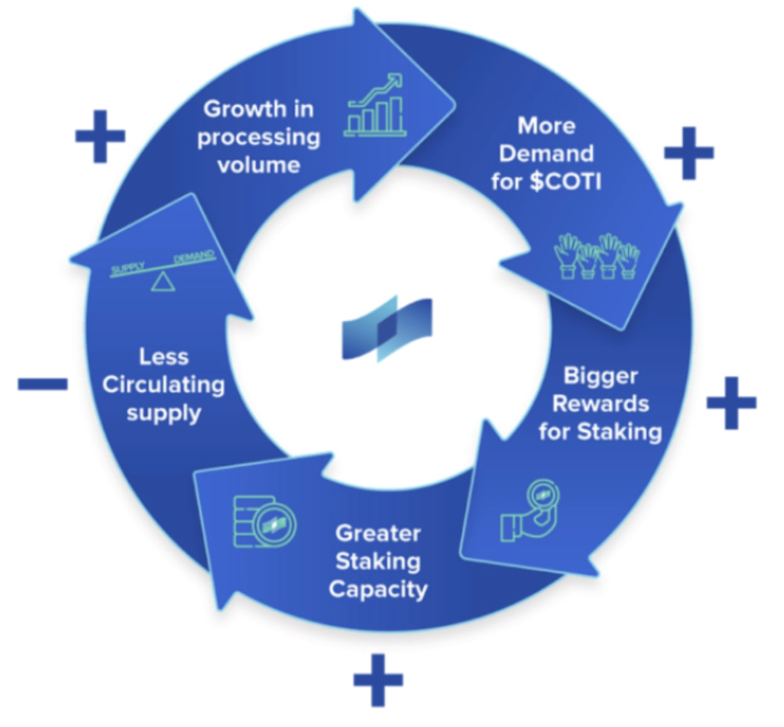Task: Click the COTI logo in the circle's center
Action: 387,328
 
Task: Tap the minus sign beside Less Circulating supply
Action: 43,384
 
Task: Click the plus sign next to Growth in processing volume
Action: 100,136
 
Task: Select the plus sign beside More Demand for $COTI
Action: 689,153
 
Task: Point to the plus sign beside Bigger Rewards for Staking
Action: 731,403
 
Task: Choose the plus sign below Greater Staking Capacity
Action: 378,680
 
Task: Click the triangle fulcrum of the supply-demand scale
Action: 163,282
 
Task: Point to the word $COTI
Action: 565,182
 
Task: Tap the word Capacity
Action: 378,590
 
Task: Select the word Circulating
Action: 163,384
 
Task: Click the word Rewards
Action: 600,403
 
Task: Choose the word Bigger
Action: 600,375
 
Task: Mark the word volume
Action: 258,165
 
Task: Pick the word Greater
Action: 378,533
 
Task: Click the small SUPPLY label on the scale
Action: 128,269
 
